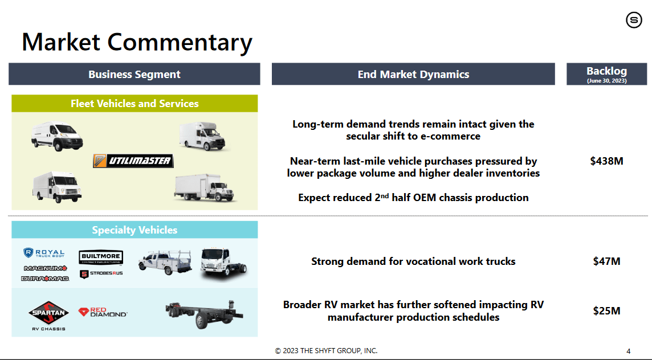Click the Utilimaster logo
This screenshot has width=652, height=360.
133,161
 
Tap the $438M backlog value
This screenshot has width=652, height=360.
606,161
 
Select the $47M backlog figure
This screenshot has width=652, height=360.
606,261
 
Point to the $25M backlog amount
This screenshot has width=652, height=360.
606,310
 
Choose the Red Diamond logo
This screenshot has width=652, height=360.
103,312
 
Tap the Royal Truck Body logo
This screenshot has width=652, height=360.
44,253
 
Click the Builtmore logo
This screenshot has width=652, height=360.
101,257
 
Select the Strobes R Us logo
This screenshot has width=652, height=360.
101,273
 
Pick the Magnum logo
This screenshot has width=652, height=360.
46,268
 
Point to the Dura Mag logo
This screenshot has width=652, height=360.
46,278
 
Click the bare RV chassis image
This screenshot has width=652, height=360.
204,313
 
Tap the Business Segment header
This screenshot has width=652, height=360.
135,74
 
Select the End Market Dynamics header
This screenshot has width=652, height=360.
413,74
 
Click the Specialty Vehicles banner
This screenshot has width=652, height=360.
135,230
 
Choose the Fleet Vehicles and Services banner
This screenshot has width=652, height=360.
135,104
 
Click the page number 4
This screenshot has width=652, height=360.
628,351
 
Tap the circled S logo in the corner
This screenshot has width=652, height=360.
634,20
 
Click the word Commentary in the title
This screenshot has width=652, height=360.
180,42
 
